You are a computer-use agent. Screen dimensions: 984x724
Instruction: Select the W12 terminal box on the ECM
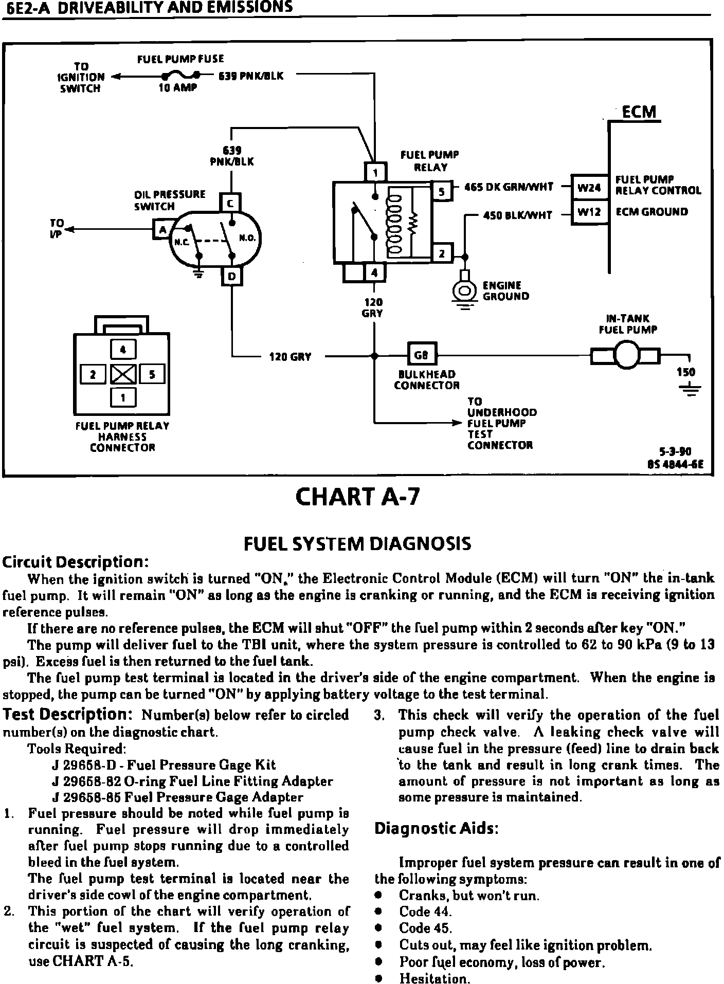tap(589, 212)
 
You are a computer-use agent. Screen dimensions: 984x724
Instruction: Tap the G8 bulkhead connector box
tap(421, 355)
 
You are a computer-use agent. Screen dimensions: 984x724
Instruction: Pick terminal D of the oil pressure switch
tap(231, 277)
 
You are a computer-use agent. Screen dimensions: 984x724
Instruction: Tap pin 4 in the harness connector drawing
tap(123, 350)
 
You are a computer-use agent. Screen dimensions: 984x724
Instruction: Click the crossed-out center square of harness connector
tap(123, 374)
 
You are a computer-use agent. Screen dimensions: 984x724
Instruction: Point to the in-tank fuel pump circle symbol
tap(626, 355)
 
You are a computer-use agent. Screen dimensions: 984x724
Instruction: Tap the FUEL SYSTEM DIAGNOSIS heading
tap(356, 543)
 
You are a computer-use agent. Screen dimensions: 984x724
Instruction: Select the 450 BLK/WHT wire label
tap(518, 215)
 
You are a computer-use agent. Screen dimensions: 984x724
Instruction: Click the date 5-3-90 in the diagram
tap(677, 452)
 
